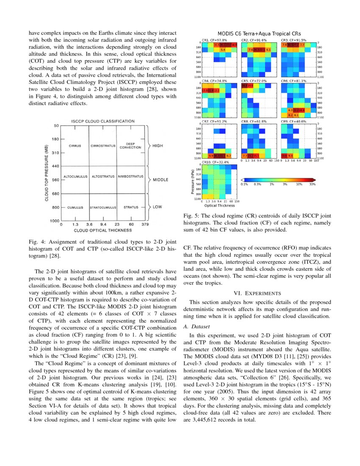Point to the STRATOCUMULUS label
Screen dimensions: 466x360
click(102, 208)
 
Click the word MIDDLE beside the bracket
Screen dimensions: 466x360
click(161, 180)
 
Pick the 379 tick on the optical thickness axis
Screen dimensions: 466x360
click(145, 225)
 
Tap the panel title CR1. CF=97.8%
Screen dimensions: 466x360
click(217, 40)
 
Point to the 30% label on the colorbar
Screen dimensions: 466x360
click(313, 184)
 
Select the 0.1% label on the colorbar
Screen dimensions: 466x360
click(244, 184)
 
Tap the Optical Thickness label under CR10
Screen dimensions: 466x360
click(219, 205)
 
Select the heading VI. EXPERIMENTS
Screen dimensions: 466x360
click(257, 293)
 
